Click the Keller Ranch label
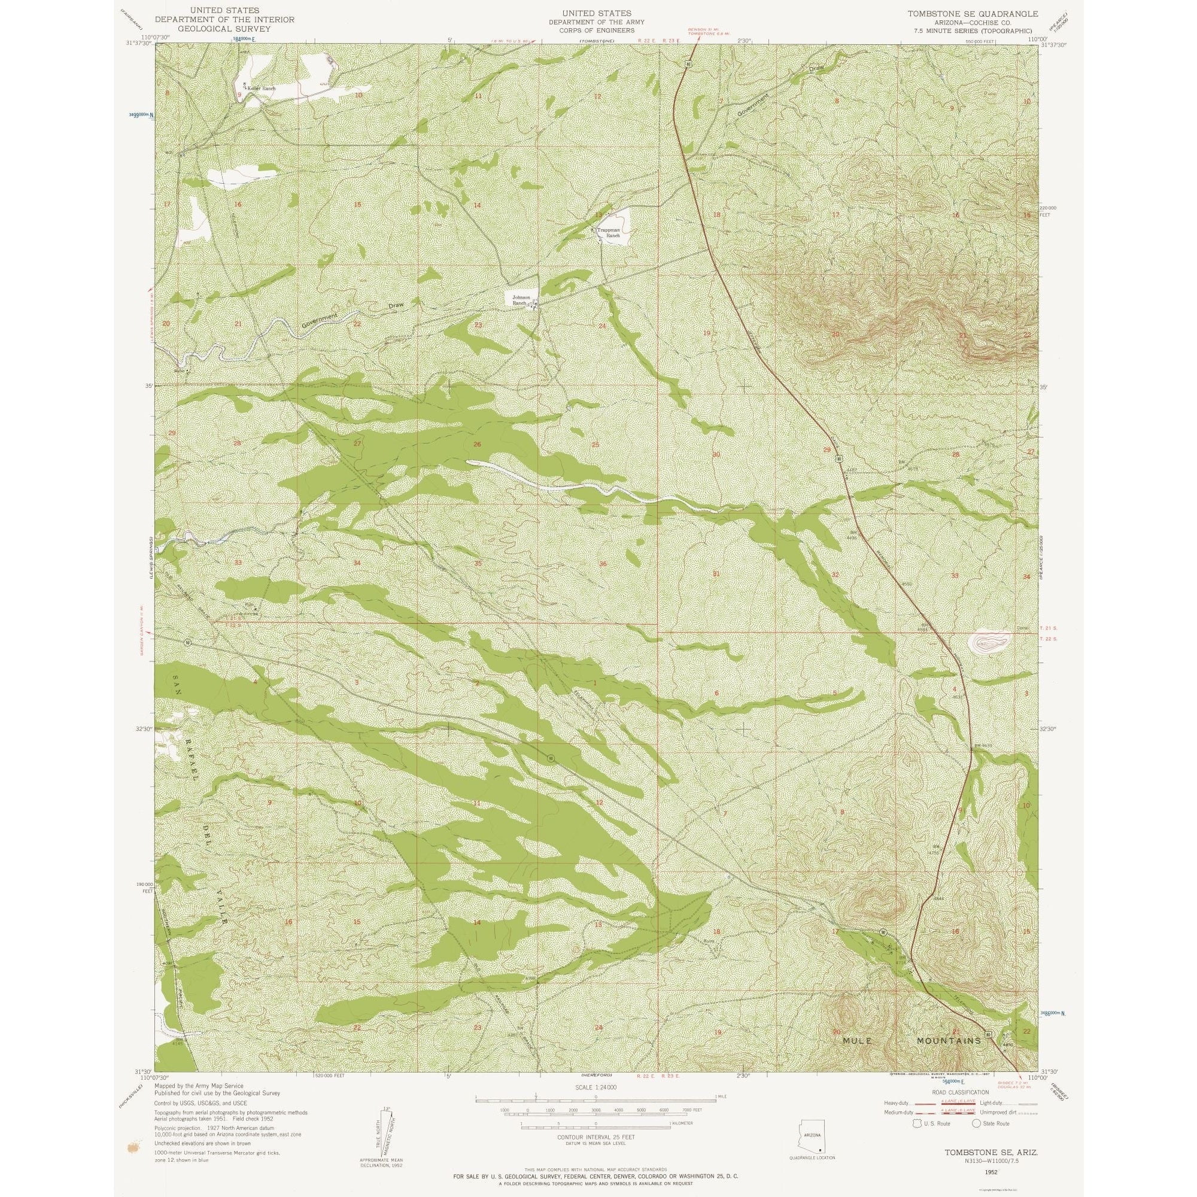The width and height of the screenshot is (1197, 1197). (260, 89)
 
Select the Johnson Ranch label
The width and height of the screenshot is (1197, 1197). (521, 300)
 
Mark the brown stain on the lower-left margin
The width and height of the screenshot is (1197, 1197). (132, 1148)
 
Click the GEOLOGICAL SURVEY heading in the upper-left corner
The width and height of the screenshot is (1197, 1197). (224, 29)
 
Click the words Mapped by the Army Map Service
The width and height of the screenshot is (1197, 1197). (199, 1086)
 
